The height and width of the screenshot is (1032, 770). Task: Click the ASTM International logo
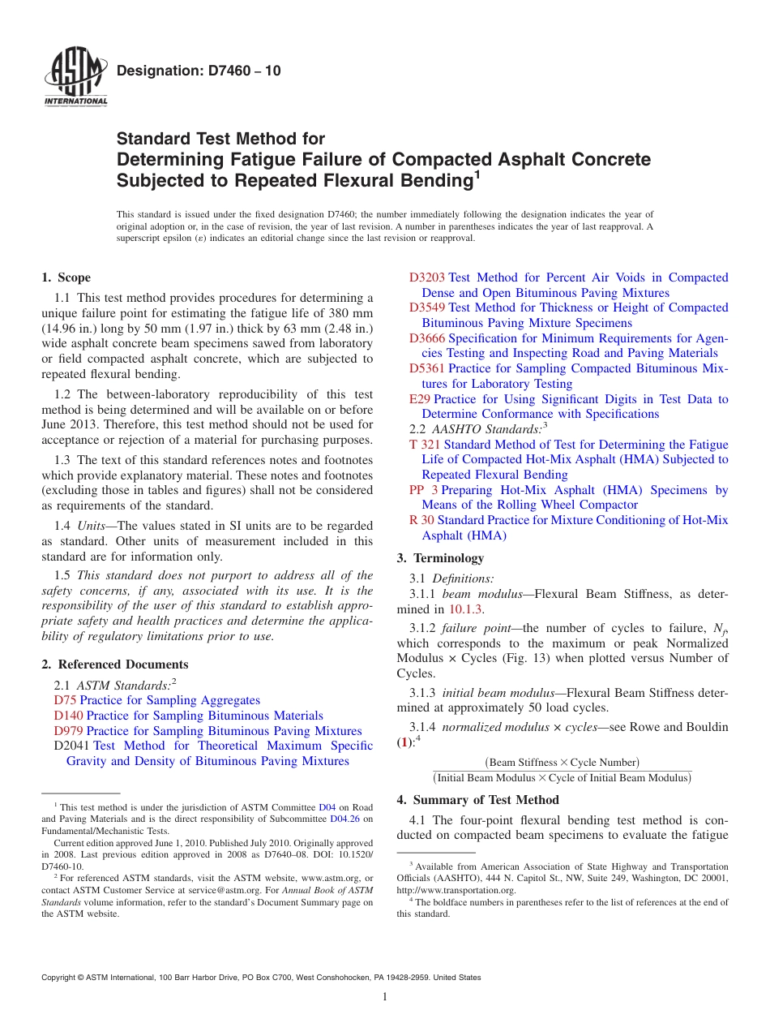click(x=75, y=78)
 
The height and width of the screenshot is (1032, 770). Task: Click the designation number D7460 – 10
click(x=199, y=71)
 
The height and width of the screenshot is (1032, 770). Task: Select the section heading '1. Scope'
click(x=66, y=277)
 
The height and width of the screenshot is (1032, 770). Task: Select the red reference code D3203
click(x=427, y=277)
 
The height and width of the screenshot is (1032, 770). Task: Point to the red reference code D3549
click(x=427, y=307)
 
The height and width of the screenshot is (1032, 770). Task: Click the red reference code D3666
click(x=427, y=338)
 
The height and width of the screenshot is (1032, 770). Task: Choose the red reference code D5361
click(x=427, y=368)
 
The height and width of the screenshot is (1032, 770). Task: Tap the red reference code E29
click(x=420, y=399)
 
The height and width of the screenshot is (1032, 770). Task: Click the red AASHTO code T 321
click(x=425, y=445)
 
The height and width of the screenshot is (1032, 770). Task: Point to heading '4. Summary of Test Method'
click(x=477, y=800)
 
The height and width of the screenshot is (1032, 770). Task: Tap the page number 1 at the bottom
click(x=385, y=997)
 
